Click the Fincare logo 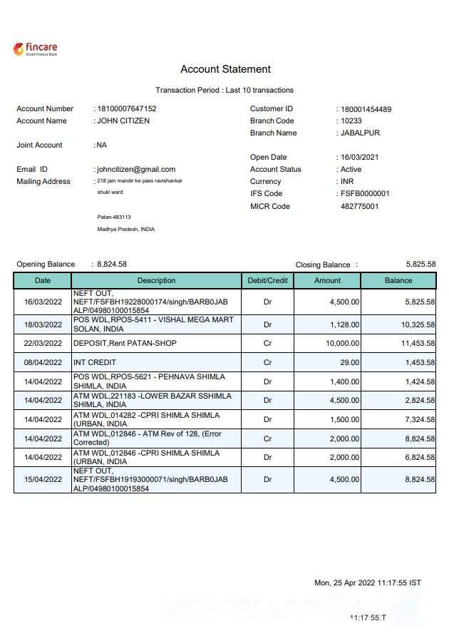coord(35,48)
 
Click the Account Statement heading coord(225,69)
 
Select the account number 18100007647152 coord(127,108)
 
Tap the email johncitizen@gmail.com coord(136,169)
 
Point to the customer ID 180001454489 coord(366,109)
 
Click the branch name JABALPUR coord(360,133)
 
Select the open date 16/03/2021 coord(359,158)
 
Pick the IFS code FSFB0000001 coord(365,194)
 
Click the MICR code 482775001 coord(359,207)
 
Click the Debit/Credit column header coord(267,280)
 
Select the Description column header coord(156,280)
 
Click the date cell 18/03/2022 coord(43,324)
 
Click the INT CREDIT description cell coord(95,362)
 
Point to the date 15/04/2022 coord(43,480)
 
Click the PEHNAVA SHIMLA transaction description coord(149,381)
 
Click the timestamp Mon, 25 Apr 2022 coord(368,583)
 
